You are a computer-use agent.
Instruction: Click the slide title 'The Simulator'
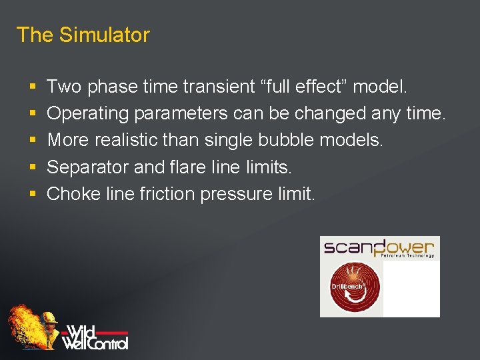coord(83,35)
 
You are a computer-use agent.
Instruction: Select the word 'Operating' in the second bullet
coord(88,114)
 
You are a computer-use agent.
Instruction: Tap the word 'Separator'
coord(88,167)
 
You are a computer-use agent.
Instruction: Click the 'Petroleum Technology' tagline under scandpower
coord(407,256)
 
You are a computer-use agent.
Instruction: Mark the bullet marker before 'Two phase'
coord(32,87)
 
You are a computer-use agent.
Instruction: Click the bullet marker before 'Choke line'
coord(32,195)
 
